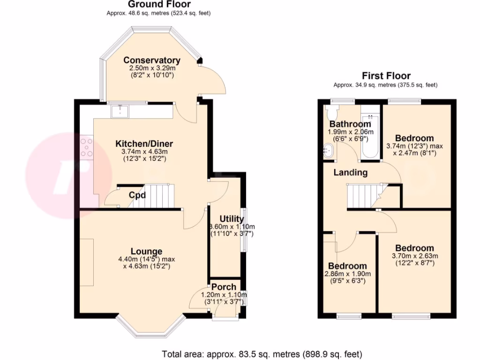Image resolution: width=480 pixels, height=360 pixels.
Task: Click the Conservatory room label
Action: coord(152,60)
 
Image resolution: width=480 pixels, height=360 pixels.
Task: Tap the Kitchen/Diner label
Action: coord(144,143)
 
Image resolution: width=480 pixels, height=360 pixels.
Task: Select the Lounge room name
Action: coord(147,251)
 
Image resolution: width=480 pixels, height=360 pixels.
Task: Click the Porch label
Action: coord(224,287)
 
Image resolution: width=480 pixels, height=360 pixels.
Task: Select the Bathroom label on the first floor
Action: coord(350,124)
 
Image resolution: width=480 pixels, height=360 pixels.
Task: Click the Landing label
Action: coord(350,172)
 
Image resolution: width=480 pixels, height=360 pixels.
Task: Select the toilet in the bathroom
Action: coord(332,112)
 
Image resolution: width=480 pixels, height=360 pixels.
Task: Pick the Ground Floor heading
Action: coord(159,5)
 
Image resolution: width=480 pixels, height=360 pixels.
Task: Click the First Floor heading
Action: coord(386,76)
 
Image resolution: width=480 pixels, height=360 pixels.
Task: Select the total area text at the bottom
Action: coord(262,354)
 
